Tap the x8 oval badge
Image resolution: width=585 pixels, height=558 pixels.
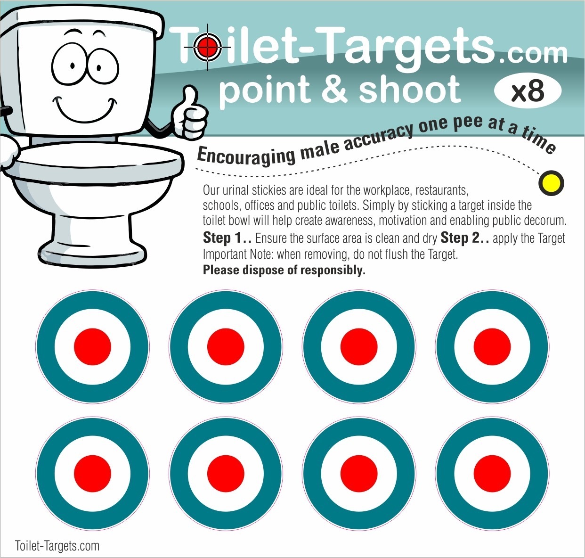(528, 91)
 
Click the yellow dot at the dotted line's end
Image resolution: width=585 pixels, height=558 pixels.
(551, 182)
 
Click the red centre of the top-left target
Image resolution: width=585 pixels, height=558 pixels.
(92, 346)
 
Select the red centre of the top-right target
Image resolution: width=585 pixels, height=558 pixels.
(492, 346)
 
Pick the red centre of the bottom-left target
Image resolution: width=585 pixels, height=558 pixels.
(92, 473)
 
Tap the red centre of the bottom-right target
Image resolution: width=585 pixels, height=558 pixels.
(492, 473)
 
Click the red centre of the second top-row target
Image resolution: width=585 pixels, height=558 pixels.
(226, 346)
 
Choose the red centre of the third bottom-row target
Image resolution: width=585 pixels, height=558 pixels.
(359, 473)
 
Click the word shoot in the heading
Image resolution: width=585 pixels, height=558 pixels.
(409, 90)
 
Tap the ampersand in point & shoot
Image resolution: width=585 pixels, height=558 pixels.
(335, 90)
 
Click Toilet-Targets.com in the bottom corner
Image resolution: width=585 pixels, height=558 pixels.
(57, 546)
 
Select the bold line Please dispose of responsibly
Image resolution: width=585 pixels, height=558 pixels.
(284, 270)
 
